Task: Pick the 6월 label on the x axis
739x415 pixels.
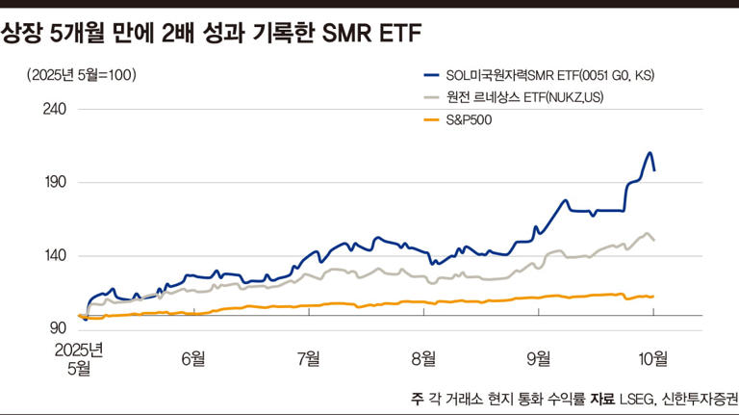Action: coord(192,357)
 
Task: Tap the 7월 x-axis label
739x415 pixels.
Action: coord(308,357)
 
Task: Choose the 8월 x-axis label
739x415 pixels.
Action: coord(423,357)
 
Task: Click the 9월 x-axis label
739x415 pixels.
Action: coord(539,357)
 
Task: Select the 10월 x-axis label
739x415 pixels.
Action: coord(653,357)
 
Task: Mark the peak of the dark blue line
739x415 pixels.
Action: coord(650,152)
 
